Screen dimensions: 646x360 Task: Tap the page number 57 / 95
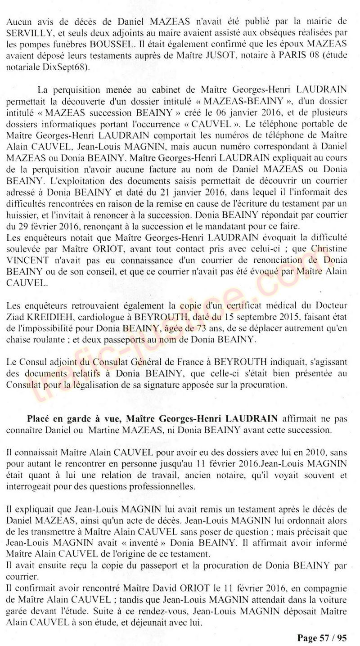[x=332, y=638]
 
